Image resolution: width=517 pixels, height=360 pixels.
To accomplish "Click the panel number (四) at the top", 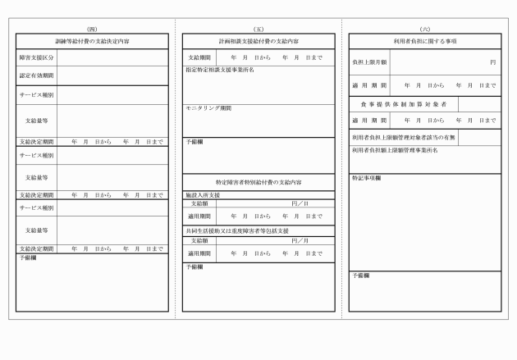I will coord(92,29).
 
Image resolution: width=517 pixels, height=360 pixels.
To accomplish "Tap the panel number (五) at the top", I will coord(258,29).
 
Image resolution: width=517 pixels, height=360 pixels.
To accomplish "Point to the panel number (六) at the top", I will coord(424,29).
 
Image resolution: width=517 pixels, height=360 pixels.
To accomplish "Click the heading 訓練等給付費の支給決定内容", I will coord(92,40).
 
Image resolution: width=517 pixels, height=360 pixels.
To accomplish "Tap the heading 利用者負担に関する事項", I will coord(424,40).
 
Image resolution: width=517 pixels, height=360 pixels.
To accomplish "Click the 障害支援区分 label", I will coord(37,57).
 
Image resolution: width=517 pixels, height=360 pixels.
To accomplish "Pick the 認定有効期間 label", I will coord(37,75).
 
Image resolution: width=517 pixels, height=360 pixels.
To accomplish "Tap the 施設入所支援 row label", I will coord(203,195).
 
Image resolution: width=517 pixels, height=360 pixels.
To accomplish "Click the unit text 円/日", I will coord(300,203).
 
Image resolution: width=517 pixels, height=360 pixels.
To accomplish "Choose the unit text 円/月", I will coord(300,240).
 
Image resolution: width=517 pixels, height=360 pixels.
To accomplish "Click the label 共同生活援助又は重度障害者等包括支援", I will coord(237,232).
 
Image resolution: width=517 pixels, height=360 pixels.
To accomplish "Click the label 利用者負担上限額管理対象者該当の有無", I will coord(403,138).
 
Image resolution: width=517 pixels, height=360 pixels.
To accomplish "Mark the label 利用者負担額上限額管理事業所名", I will coord(395,151).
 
